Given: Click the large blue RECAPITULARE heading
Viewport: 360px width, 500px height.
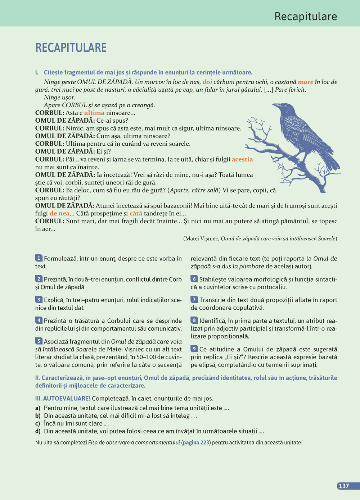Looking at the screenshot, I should (x=71, y=47).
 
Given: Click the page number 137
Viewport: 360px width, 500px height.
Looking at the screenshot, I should (x=344, y=486).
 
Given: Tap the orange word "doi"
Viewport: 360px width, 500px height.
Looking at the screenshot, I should (x=207, y=82).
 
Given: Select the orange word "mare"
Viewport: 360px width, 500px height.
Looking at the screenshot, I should (x=305, y=82).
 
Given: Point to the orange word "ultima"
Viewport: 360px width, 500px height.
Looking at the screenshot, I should (x=94, y=113).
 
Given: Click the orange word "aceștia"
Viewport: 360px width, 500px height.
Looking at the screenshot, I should (x=242, y=159).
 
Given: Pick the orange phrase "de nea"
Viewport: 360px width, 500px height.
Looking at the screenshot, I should (x=59, y=213).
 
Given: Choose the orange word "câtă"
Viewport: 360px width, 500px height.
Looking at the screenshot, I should (x=136, y=213).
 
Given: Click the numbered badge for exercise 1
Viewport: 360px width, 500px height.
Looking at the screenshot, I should (x=39, y=258).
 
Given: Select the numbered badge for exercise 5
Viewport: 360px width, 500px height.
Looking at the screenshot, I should (x=39, y=341).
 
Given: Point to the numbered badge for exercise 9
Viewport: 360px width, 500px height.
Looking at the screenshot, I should (x=194, y=349).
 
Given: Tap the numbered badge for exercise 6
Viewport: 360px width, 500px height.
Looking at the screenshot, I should (x=194, y=279).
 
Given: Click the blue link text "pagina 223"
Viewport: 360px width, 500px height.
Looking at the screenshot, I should (x=196, y=442).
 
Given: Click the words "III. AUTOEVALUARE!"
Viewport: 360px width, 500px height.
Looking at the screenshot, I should (x=63, y=399).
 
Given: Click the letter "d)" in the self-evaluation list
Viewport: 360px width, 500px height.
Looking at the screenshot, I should (x=38, y=431).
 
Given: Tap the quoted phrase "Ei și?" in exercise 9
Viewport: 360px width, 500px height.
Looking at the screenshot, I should (x=234, y=357).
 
